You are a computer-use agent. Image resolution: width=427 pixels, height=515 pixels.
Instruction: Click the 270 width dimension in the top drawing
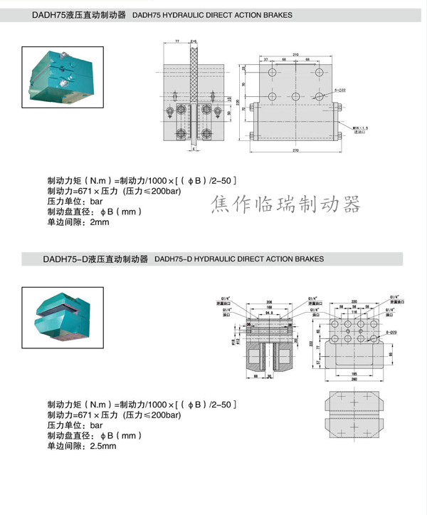click(294, 151)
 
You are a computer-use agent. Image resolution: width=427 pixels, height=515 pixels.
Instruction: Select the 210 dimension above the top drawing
click(294, 53)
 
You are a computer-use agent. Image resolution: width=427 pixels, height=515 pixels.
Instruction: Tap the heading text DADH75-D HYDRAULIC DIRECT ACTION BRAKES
click(238, 259)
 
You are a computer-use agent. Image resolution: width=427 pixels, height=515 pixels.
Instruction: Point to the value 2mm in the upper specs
click(100, 222)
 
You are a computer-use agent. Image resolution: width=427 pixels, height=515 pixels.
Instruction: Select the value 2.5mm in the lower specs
click(102, 446)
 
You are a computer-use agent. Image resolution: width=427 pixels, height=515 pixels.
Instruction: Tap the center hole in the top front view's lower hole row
click(294, 97)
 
